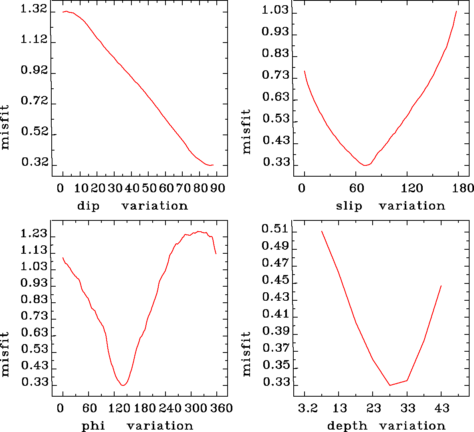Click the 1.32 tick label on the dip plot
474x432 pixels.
pos(34,10)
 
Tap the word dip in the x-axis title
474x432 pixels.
pos(88,206)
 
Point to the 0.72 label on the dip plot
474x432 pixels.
pos(34,101)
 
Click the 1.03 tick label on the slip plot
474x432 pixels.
pos(275,10)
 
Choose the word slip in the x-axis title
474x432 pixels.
pos(349,206)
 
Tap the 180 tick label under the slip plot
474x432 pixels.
pos(465,188)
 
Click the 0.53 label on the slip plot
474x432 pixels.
pos(275,119)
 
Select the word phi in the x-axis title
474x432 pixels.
pos(93,426)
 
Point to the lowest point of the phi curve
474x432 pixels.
pos(123,385)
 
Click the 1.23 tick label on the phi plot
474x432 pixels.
pos(34,234)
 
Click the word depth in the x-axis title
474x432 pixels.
pos(347,426)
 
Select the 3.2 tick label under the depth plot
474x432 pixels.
pos(308,408)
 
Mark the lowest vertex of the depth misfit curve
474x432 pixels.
pos(390,385)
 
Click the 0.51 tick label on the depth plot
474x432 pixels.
pos(275,229)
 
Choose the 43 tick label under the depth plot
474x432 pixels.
pos(442,408)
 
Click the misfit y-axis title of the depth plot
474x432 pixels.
pos(246,353)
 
